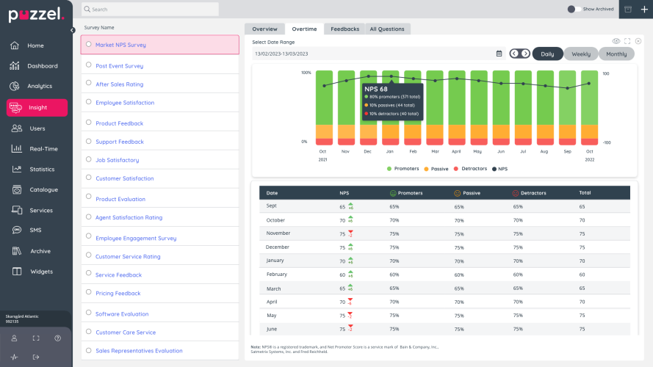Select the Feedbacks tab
344,29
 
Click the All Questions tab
386,29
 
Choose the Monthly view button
616,54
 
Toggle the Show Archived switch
573,9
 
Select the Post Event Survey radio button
89,65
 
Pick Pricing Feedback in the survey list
118,294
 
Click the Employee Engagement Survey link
136,239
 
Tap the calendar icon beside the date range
499,54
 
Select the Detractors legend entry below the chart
474,169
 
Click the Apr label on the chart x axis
456,150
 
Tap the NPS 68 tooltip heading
375,89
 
